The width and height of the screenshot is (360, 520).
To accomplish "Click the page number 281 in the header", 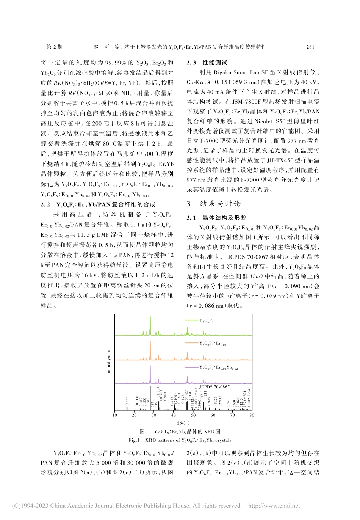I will (310, 47).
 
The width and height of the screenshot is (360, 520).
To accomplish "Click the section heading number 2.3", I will (191, 63).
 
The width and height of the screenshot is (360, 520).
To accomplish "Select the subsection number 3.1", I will (191, 218).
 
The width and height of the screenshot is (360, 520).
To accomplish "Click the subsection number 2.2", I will (45, 204).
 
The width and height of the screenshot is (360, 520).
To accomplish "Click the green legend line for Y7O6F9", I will (192, 320).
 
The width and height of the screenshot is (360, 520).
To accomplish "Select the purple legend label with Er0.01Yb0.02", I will (218, 368).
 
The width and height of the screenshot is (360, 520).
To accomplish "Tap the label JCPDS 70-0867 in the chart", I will (214, 387).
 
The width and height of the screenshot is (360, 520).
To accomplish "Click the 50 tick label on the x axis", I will (193, 415).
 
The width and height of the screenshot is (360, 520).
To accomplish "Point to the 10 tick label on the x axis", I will (115, 415).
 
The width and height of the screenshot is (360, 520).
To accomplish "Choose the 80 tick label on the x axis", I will (252, 415).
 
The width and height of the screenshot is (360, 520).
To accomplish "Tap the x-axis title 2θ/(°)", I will (183, 423).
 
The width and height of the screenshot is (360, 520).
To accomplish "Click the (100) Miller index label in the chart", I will (127, 401).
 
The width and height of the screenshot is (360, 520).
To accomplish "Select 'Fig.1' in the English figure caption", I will (134, 440).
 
